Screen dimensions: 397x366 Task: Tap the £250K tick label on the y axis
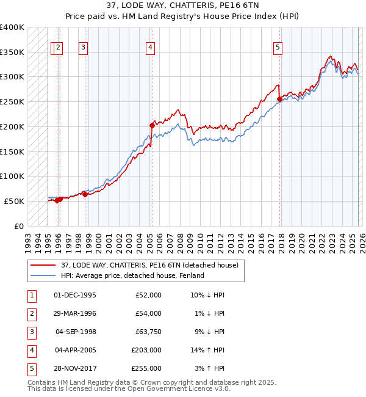point(12,101)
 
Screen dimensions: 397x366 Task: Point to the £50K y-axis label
point(14,201)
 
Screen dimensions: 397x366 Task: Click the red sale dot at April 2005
point(152,125)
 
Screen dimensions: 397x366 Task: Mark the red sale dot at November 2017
point(279,99)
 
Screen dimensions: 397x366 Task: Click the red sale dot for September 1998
point(85,194)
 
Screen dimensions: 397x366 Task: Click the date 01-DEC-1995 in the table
point(74,295)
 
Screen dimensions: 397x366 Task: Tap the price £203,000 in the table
point(146,350)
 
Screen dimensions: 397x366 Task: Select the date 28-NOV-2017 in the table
point(74,368)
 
